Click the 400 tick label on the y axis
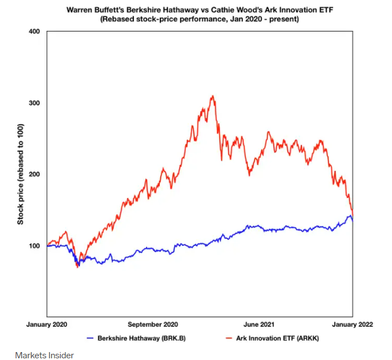tap(34, 31)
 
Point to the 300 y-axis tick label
tap(34, 103)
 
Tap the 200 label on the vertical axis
tap(34, 174)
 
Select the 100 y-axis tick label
tap(34, 246)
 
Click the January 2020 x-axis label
tap(47, 325)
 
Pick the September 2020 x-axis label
tap(153, 325)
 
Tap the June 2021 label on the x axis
tap(259, 325)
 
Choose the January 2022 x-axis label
tap(353, 325)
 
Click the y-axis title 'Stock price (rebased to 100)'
tap(20, 174)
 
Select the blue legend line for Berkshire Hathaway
tap(90, 338)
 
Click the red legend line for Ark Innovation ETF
tap(229, 338)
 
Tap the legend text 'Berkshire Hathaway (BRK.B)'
tap(142, 338)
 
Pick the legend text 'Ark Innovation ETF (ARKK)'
tap(277, 338)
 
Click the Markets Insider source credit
tap(44, 355)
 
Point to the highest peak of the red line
tap(213, 96)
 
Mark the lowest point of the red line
tap(78, 268)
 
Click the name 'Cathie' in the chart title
tap(222, 10)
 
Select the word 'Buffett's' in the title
tap(110, 10)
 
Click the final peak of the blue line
tap(350, 215)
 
